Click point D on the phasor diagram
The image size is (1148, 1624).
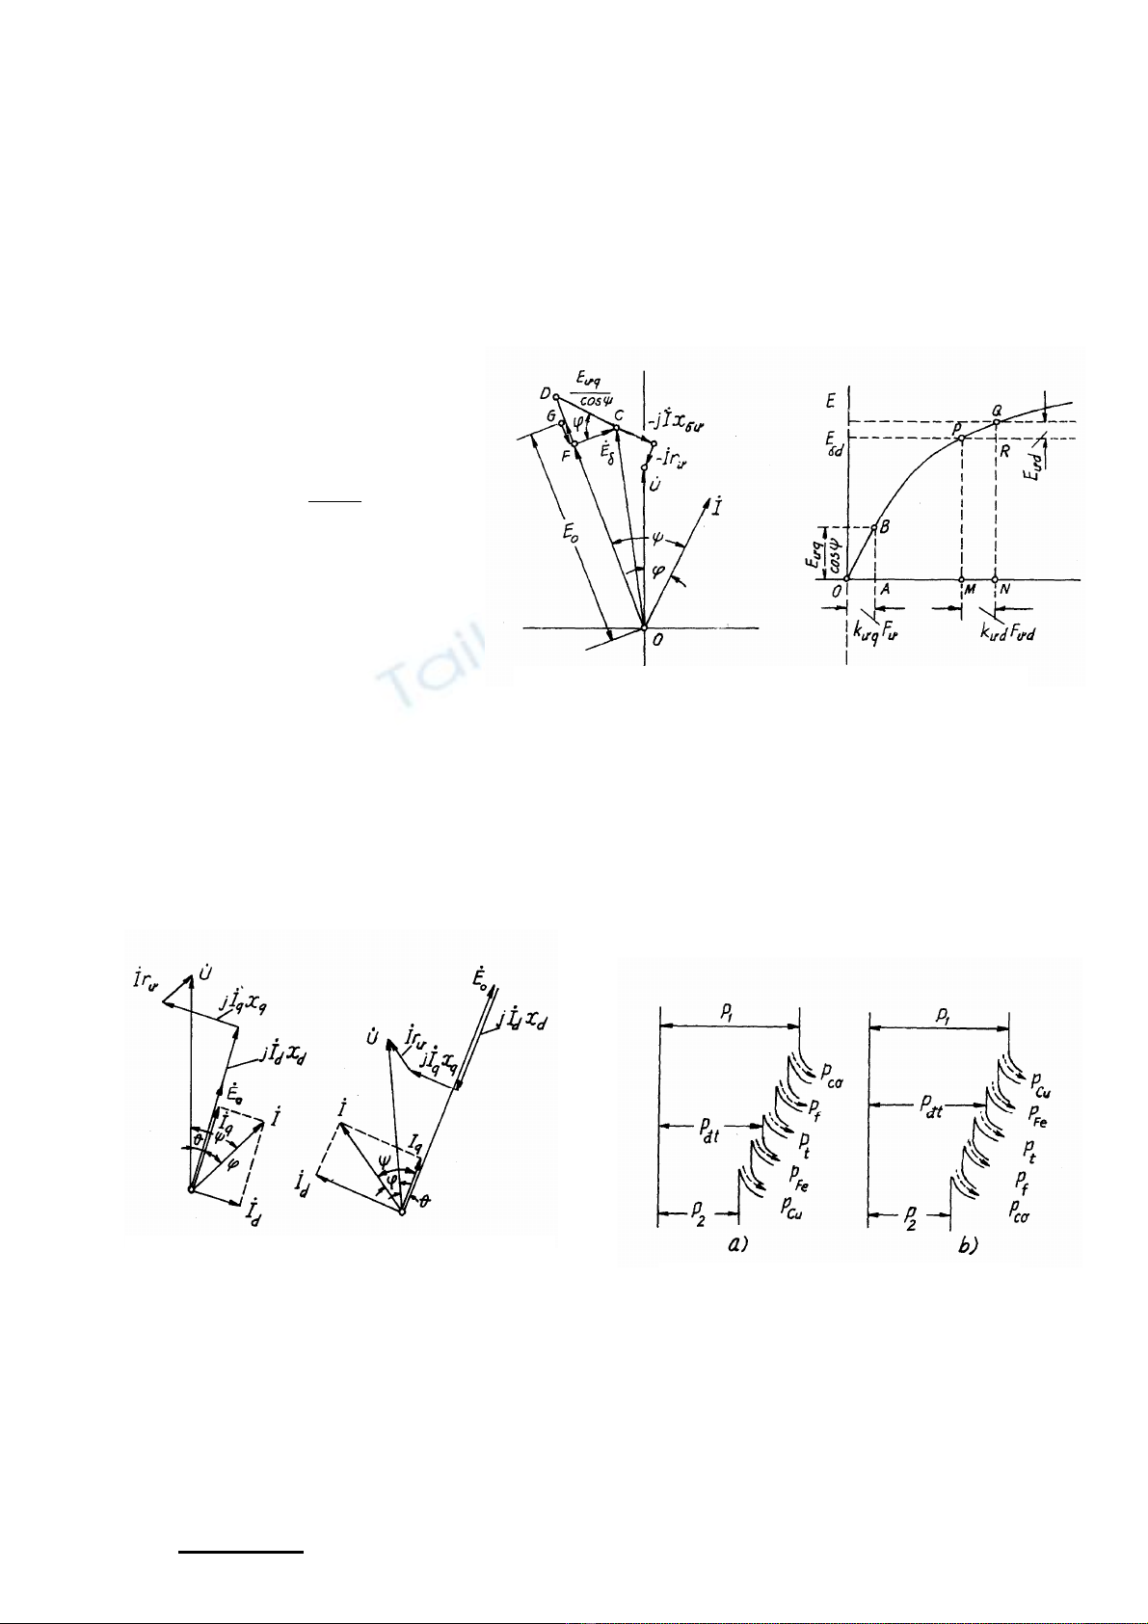coord(556,396)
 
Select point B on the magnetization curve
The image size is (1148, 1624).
coord(874,527)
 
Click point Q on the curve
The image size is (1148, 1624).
coord(996,421)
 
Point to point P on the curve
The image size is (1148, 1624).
coord(961,439)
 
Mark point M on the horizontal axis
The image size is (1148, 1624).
coord(962,580)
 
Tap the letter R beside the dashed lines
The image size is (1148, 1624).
coord(1003,448)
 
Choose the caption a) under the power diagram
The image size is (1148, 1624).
coord(737,1245)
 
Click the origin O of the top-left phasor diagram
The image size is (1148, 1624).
coord(645,628)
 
